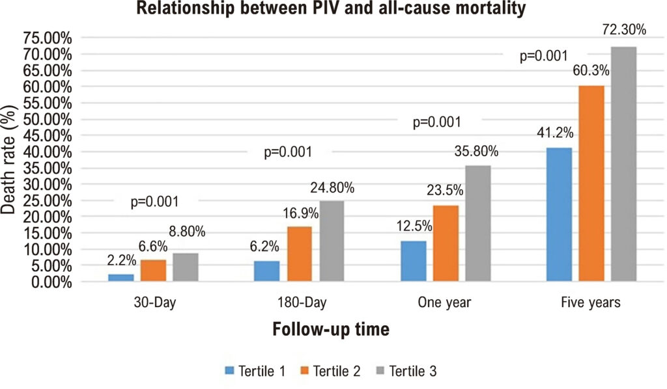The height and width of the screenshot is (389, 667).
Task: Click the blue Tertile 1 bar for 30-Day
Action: coord(121,278)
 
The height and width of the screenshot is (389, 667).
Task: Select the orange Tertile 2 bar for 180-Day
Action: coord(300,254)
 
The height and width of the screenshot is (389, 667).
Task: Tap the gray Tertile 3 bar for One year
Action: coord(478,223)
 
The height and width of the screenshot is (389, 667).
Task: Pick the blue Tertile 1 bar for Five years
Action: coord(559,215)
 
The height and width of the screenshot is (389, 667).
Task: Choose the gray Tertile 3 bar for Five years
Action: coord(623,164)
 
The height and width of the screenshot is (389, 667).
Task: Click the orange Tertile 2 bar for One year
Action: coord(446,243)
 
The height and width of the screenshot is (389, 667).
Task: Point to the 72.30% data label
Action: coord(624,29)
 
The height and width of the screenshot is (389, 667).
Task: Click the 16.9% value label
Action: coord(301,213)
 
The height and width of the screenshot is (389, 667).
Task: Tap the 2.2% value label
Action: coord(122,260)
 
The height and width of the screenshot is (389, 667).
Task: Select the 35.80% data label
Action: coord(476,151)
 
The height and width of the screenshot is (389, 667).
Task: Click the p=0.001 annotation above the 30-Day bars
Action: coord(154,201)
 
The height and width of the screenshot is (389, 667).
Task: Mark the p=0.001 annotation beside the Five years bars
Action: coord(544,56)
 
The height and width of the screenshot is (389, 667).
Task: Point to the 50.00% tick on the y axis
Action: coord(47,119)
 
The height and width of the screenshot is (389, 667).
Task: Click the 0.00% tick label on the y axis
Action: coord(51,282)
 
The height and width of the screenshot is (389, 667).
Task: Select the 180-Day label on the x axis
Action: coord(302,302)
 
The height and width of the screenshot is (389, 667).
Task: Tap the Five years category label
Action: coord(591,302)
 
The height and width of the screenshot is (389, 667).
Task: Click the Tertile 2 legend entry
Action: coord(330,371)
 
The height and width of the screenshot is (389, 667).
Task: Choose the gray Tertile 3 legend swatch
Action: coord(380,371)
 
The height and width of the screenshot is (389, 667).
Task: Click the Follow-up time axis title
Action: coord(331,329)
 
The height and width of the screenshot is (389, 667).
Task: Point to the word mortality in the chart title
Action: coord(489,8)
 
